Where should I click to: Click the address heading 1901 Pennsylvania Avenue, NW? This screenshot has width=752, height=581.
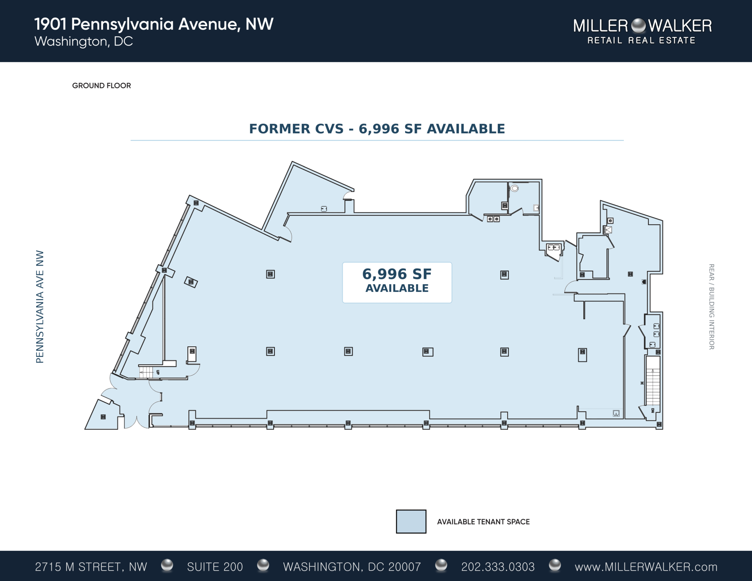pos(154,24)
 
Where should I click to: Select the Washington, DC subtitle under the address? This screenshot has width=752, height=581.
pos(84,41)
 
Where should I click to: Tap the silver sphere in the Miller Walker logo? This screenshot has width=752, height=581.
pos(638,26)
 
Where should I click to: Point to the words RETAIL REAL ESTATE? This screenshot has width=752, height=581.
pos(641,41)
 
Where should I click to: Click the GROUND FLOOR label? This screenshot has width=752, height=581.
pos(102,85)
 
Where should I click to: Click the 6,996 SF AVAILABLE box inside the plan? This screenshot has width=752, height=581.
pos(397,282)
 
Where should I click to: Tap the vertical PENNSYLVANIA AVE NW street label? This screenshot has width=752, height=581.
pos(40,307)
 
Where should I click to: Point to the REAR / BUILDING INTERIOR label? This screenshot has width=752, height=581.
pos(711,307)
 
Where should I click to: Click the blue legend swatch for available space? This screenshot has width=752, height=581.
pos(411,521)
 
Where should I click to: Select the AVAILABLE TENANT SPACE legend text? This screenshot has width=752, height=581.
pos(484,522)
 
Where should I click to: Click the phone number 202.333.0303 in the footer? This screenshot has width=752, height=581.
pos(498,567)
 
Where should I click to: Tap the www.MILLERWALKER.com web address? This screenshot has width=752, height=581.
pos(646,567)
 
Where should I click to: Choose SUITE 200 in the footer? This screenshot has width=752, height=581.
pos(215,567)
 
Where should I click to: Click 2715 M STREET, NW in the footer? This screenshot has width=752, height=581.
pos(91,567)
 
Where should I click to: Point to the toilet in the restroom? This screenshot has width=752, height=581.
pos(514,188)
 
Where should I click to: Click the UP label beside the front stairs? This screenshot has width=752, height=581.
pos(158,372)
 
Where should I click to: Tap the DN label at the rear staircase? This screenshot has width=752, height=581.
pos(653,411)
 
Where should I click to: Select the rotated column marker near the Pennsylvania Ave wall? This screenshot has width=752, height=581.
pos(191,282)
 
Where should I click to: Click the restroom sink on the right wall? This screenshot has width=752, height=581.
pos(536,208)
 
